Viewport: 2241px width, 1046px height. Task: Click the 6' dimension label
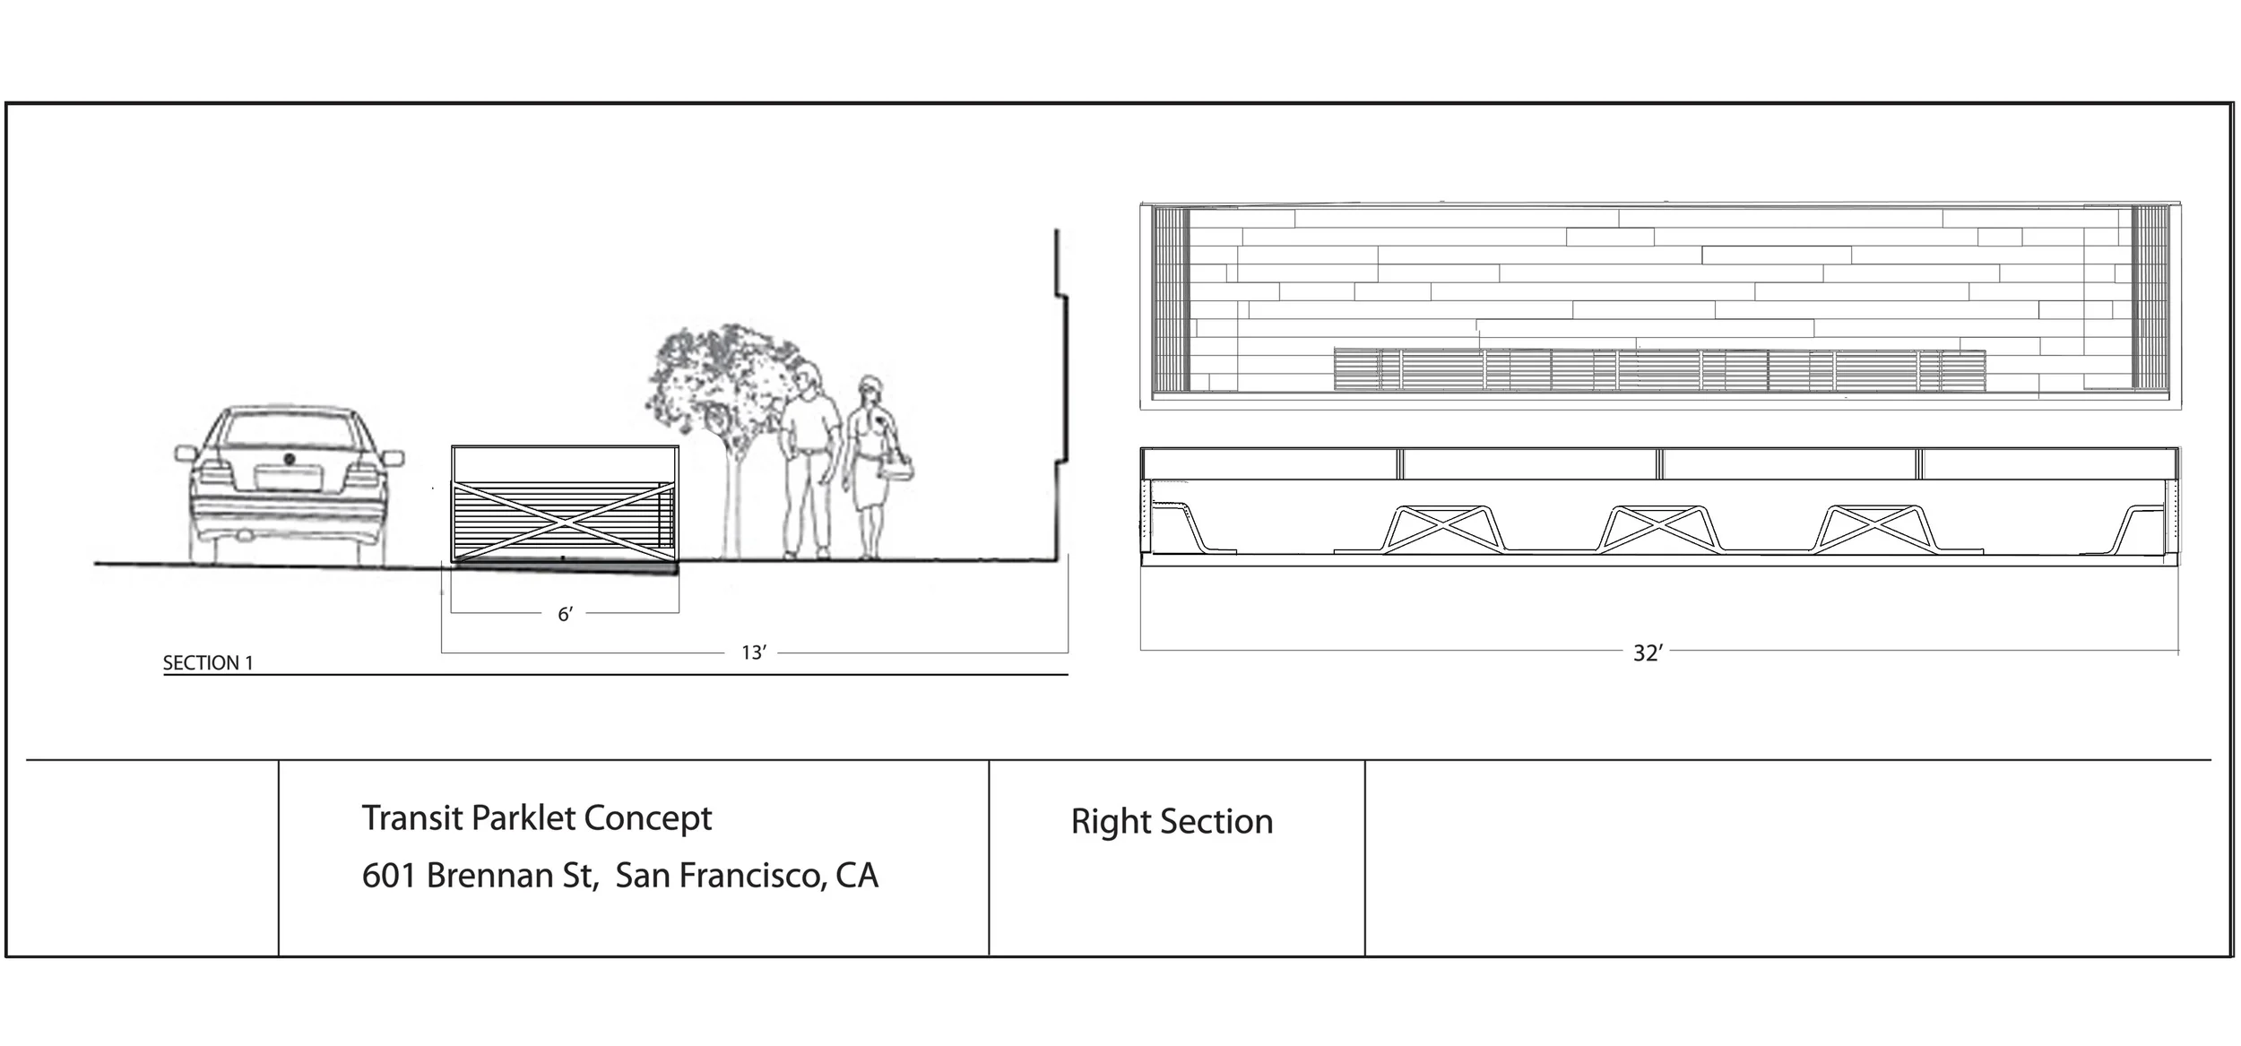click(565, 614)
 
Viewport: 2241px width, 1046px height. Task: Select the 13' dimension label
click(753, 653)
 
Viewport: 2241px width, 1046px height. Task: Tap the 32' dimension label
click(1648, 653)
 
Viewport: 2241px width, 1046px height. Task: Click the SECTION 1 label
click(208, 663)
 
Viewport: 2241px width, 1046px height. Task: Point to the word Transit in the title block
click(412, 817)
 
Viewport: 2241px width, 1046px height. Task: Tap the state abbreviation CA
click(856, 876)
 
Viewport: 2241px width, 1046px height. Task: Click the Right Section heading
click(1172, 821)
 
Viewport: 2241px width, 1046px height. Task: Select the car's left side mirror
click(185, 454)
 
